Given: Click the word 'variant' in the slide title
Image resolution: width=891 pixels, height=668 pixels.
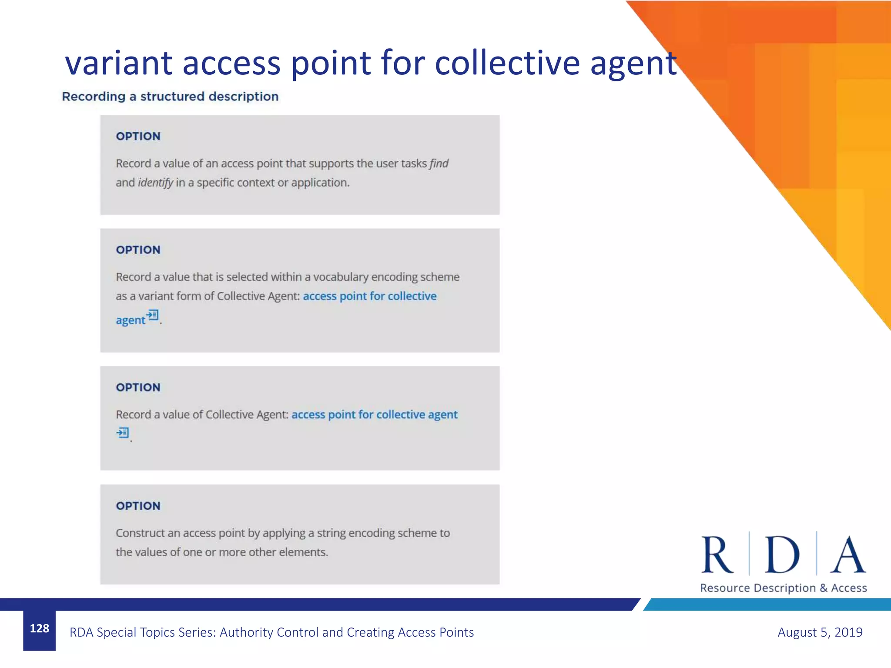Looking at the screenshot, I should pos(119,63).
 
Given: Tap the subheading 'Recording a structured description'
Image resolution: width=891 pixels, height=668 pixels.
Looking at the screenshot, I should pos(170,97).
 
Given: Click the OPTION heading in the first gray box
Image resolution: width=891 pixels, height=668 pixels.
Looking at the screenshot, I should pos(138,137).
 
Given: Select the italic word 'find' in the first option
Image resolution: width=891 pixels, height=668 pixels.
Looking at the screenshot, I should pos(439,164).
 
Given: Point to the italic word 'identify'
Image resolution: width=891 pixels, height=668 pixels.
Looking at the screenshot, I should pos(155,183).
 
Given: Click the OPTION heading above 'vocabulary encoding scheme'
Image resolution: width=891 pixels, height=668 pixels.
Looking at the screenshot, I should pos(138,250).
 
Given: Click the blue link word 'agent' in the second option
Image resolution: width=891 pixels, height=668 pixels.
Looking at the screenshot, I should pos(130,321).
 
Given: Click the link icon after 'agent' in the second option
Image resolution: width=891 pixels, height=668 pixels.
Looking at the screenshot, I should pos(153,315).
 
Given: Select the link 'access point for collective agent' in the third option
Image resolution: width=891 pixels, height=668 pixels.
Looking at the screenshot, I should pos(374,415).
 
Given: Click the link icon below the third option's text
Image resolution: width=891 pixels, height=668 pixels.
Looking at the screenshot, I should pos(123,433).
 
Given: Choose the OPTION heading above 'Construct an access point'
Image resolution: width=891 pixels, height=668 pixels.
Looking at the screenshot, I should pos(138,506).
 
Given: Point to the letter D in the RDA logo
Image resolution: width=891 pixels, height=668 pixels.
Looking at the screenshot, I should pos(782,554).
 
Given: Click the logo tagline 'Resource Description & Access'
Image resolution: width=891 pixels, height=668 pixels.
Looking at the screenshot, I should pos(783,588).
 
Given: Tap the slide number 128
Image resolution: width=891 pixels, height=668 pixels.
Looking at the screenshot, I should pos(39,628).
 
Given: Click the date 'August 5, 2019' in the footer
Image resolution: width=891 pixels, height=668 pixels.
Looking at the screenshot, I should pos(820,632).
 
